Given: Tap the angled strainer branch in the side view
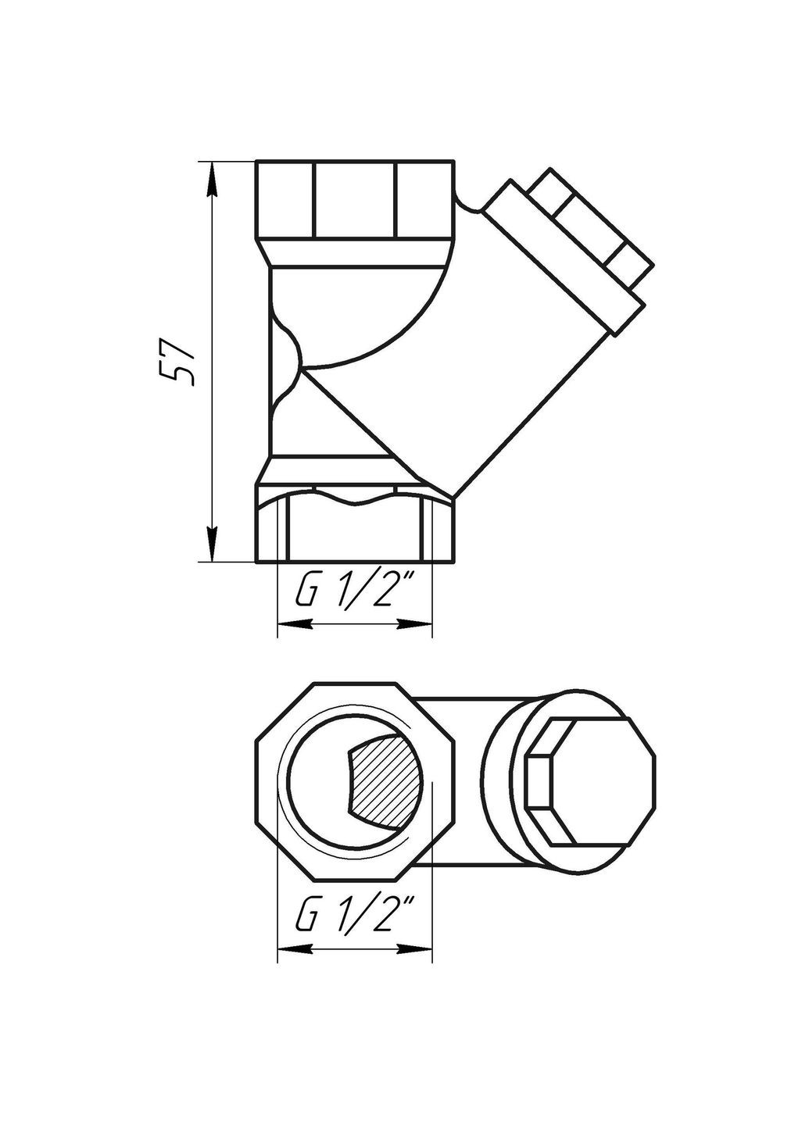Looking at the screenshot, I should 500,367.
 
